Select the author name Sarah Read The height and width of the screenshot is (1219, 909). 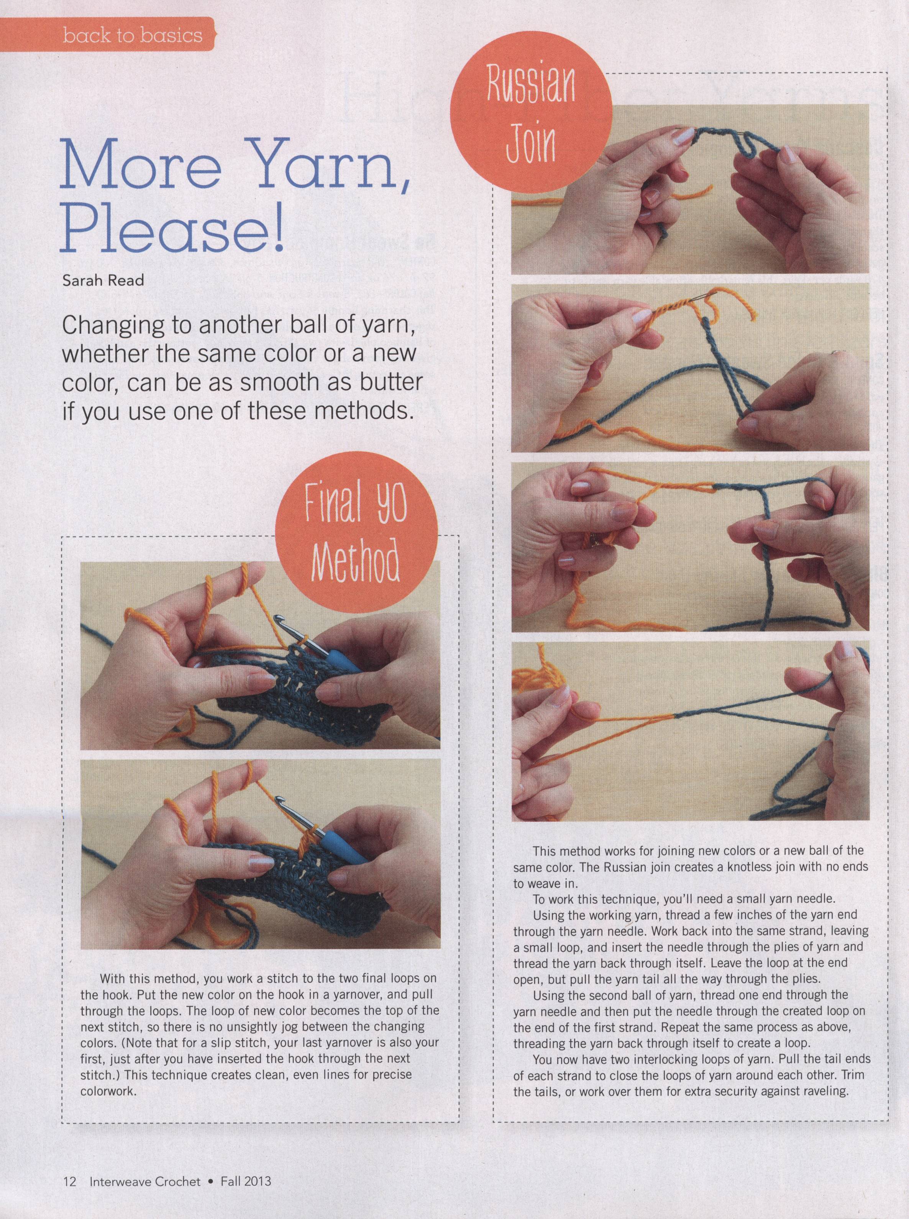click(103, 280)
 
